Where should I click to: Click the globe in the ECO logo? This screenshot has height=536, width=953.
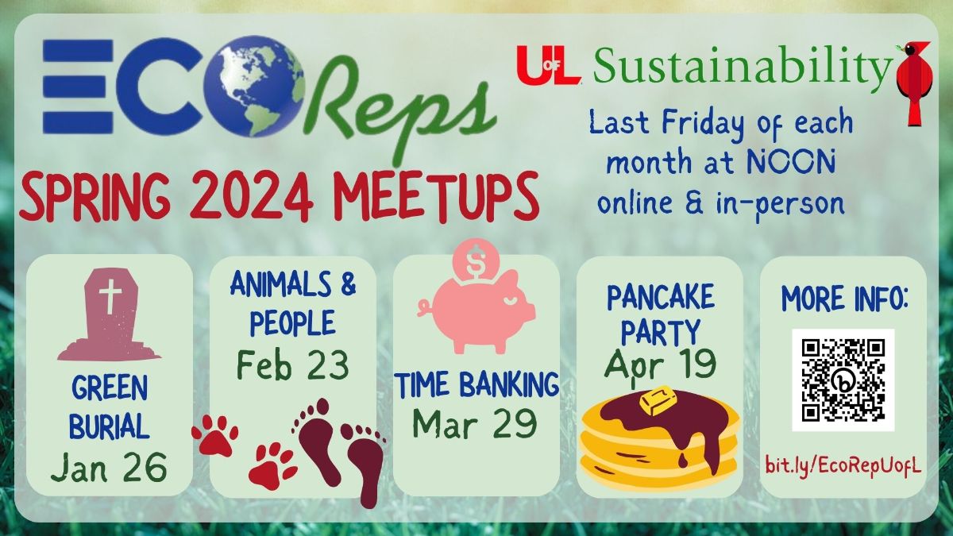[x=254, y=86]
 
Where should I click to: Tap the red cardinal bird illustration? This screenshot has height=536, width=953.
[x=914, y=83]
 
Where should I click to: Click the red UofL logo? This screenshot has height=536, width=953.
[x=549, y=65]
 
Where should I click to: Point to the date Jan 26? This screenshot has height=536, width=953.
[x=109, y=467]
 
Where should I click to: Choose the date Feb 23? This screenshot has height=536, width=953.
[x=293, y=365]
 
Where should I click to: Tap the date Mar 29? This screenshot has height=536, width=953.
[x=475, y=423]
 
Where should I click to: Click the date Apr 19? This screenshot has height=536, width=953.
[x=660, y=364]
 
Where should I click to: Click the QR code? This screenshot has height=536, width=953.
[x=843, y=380]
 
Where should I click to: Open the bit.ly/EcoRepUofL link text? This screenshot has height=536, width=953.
[x=843, y=466]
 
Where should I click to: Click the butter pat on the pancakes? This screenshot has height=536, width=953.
[x=657, y=400]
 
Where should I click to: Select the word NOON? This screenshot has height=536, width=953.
[x=790, y=161]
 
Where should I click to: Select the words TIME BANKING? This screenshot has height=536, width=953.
[x=477, y=384]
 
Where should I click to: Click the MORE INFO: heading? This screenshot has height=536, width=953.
[x=845, y=299]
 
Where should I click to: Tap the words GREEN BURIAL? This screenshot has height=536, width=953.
[x=110, y=407]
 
